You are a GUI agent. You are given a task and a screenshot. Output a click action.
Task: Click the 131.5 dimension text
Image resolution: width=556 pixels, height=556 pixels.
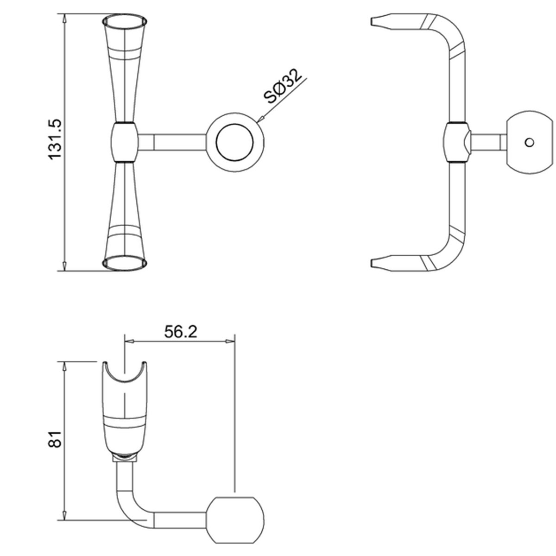coord(55,139)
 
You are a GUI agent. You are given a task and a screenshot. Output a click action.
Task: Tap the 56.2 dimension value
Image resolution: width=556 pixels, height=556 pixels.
coord(181,332)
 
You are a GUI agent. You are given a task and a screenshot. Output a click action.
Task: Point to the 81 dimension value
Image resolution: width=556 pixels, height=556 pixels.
coord(55,439)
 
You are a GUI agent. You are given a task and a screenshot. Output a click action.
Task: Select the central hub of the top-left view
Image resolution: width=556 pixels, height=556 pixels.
coord(125,142)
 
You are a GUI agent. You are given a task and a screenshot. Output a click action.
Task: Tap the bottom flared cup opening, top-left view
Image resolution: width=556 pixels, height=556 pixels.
coord(125,264)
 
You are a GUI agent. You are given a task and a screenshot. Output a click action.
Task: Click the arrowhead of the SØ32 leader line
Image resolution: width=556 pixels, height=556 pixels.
coord(260,120)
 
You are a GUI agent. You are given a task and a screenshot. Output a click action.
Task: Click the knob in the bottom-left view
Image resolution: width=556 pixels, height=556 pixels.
coord(236,519)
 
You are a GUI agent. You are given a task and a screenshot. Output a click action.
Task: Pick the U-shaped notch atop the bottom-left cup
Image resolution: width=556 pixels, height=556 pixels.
coord(125,373)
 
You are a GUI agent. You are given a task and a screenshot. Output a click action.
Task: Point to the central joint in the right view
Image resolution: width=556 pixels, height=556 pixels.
coord(457,142)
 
